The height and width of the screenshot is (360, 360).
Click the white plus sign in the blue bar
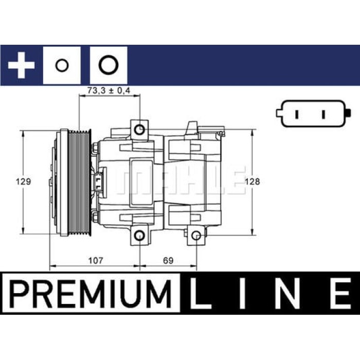coord(21,65)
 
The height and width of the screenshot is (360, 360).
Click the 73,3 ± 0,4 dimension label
coord(109,91)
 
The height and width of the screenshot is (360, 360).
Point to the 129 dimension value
coord(23,182)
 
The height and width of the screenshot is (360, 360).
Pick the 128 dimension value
coord(253,182)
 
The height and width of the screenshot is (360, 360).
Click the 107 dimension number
coord(96,261)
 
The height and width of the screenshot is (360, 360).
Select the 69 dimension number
coord(168,261)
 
